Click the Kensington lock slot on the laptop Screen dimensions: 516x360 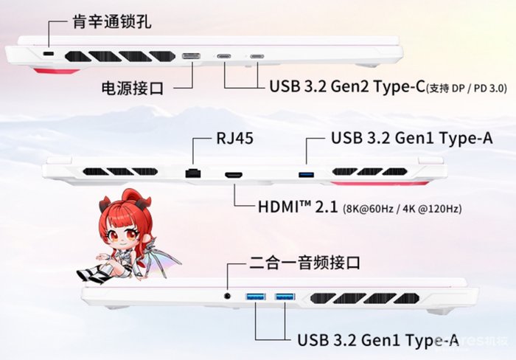[49, 54]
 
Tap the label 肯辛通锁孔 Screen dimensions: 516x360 [112, 21]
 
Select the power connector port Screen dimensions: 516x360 [191, 56]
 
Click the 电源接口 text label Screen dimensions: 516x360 [132, 88]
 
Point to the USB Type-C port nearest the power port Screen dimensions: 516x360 [225, 56]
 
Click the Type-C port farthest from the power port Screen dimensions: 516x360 [257, 56]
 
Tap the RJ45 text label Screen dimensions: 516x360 [234, 138]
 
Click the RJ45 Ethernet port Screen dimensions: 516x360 [193, 173]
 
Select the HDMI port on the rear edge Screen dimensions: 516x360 [234, 175]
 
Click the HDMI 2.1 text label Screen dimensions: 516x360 [298, 207]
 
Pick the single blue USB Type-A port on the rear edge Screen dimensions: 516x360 [306, 175]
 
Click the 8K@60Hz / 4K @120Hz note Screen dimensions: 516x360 [402, 209]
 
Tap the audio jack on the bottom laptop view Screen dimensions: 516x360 [227, 296]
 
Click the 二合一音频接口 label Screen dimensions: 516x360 [304, 263]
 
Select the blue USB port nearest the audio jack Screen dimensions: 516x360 [256, 297]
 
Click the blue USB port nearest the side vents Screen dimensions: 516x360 [285, 297]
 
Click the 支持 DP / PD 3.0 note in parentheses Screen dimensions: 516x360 [467, 89]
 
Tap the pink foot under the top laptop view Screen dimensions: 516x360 [57, 70]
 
